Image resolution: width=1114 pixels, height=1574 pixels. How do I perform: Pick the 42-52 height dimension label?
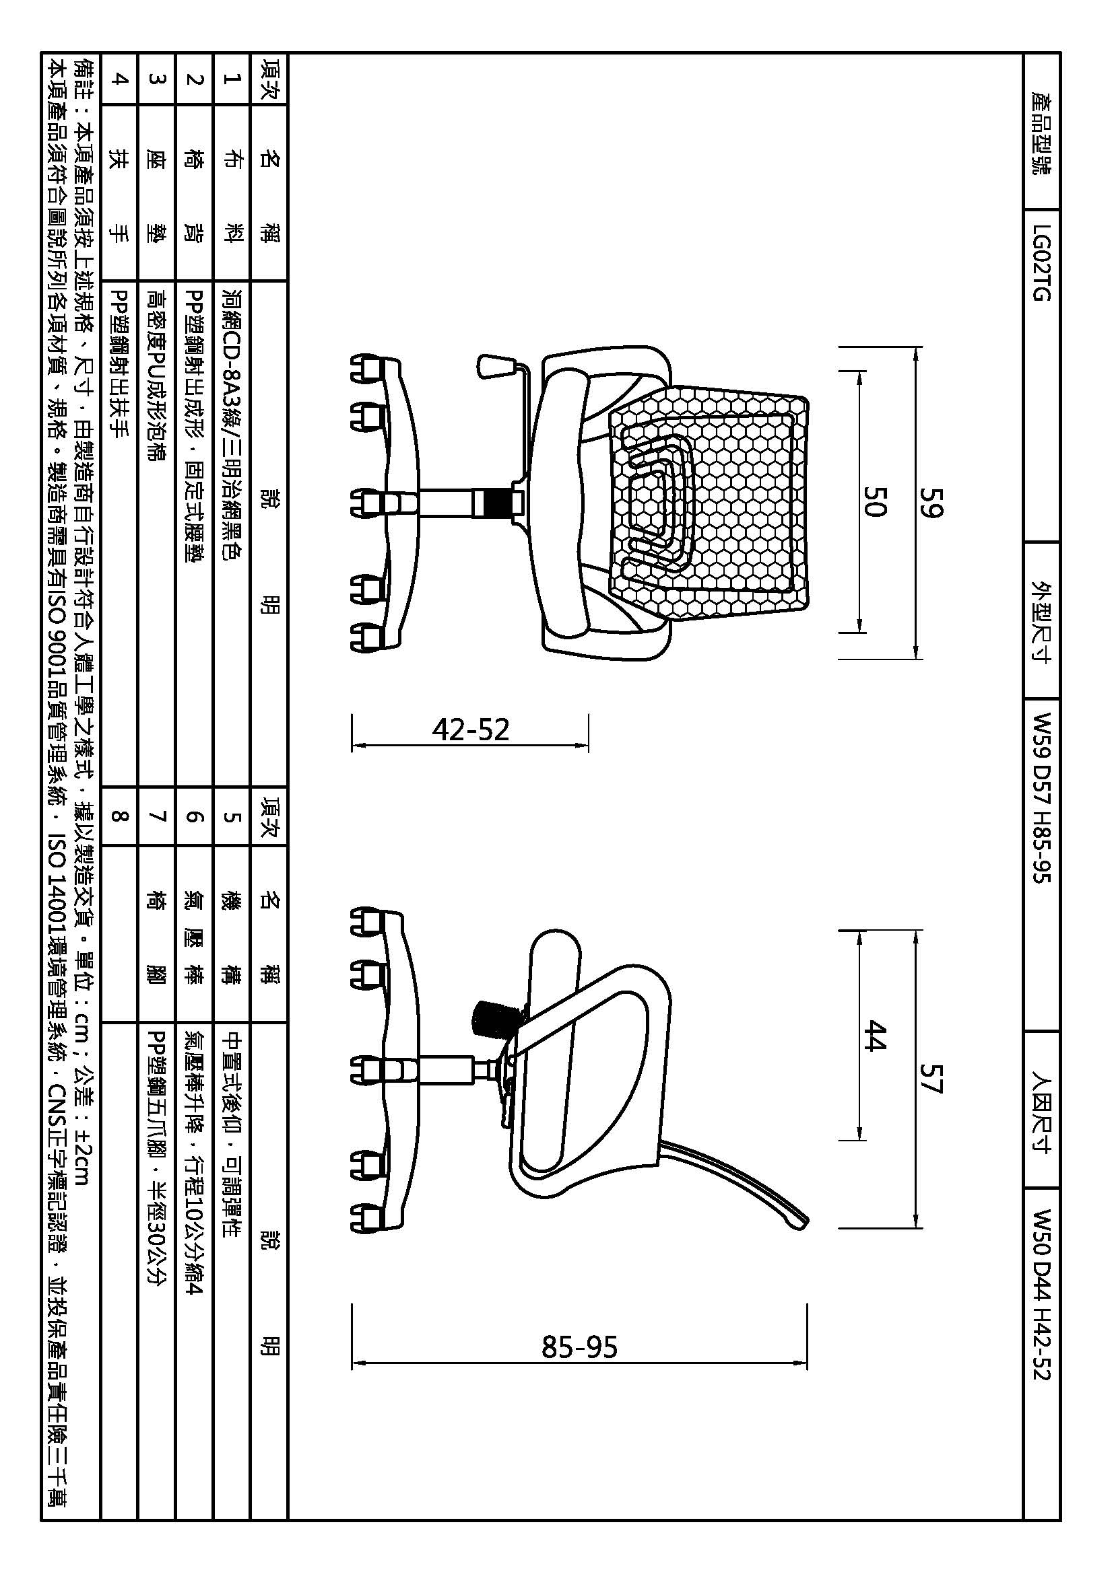[471, 729]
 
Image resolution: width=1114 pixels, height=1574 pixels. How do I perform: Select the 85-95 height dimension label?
[580, 1347]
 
